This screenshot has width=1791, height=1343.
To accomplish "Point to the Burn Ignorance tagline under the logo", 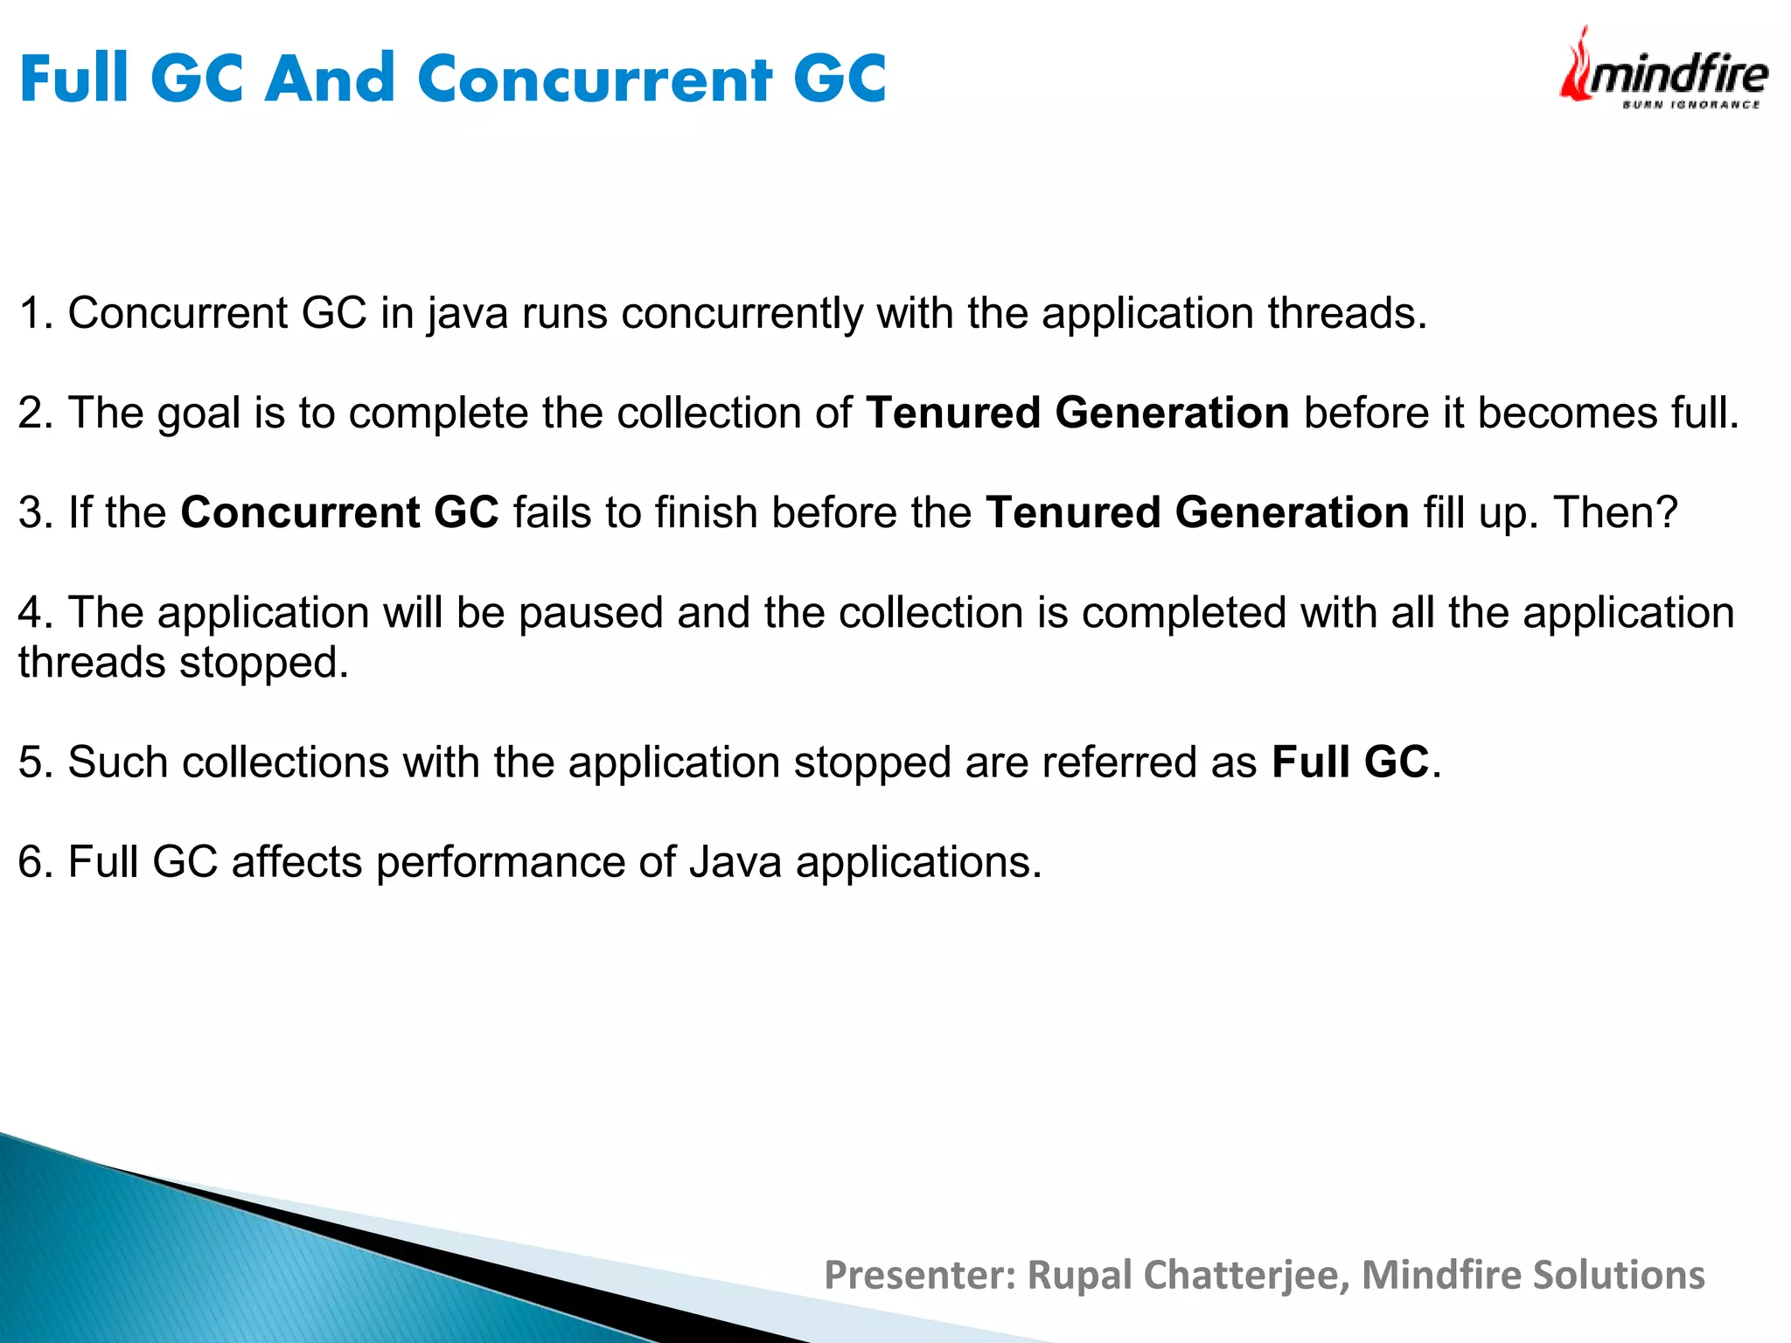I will tap(1690, 105).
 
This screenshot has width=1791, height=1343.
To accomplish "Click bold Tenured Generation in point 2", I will tap(1077, 413).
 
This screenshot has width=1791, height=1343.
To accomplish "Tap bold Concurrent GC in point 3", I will tap(339, 512).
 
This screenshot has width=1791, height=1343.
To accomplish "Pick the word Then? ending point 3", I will tap(1615, 512).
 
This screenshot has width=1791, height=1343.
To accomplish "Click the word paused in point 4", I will tap(591, 612).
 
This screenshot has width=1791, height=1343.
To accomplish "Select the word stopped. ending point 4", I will tap(263, 662).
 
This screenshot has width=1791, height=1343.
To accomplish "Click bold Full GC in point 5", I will tap(1349, 762).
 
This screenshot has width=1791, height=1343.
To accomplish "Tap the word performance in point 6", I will tap(499, 862).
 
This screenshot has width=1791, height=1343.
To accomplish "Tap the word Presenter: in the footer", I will tap(919, 1275).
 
